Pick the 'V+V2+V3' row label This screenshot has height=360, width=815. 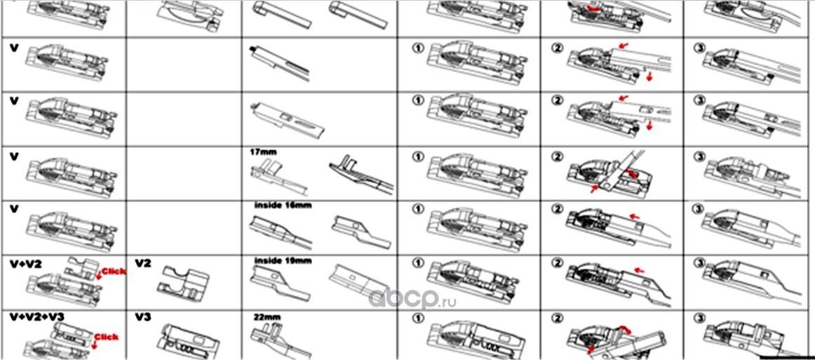point(36,317)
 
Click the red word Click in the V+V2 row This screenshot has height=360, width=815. point(113,271)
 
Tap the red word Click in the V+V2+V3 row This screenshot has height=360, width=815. point(106,337)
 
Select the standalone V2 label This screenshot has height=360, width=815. point(144,262)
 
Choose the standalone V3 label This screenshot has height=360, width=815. point(144,317)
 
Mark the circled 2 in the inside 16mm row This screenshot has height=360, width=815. point(558,209)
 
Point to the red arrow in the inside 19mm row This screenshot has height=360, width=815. point(639,269)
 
